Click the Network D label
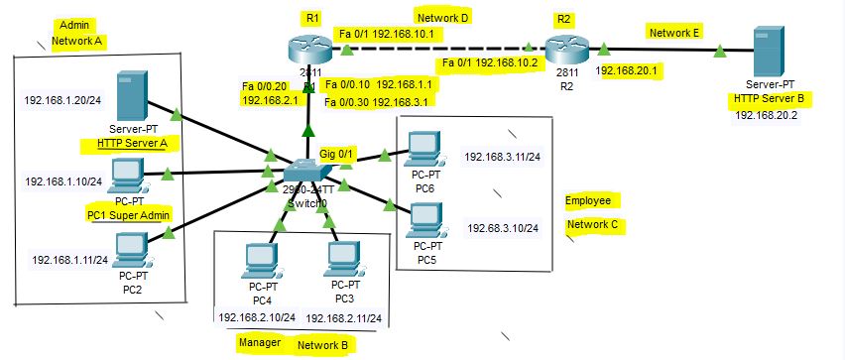tap(441, 16)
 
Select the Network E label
tap(674, 32)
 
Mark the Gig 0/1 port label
tap(337, 154)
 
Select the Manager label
tap(259, 343)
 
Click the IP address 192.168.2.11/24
tap(343, 318)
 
